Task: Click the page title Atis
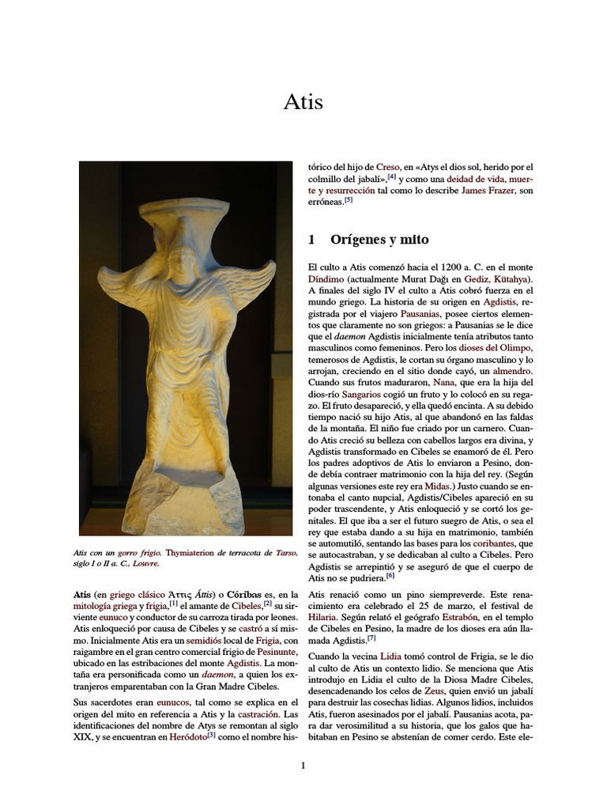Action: (x=303, y=103)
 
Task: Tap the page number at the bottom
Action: (x=303, y=765)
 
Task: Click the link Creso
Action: (x=388, y=168)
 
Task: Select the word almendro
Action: (x=514, y=370)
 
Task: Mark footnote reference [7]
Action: (x=371, y=638)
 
